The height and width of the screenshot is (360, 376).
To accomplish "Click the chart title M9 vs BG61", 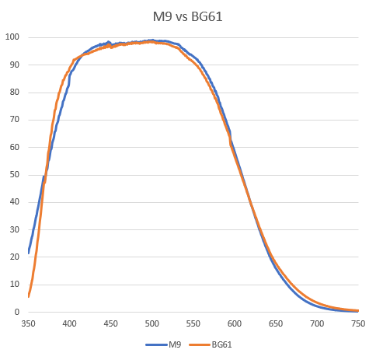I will coord(187,15).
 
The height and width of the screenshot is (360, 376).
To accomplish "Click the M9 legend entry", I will coord(175,343).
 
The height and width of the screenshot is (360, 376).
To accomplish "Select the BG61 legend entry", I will coord(221,343).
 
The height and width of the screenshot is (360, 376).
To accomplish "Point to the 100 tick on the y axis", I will coord(12,37).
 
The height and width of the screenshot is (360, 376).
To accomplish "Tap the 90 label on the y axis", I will coord(13,65).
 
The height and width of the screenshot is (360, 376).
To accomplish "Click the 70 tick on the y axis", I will coord(13,120).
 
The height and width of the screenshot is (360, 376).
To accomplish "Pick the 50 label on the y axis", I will coord(13,175).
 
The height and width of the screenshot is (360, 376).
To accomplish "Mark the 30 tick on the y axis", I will coord(13,229).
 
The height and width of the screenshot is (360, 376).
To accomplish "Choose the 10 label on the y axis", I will coord(13,285).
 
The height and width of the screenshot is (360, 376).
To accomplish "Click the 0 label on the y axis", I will coord(16,312).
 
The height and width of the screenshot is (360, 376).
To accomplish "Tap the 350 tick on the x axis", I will coord(28,323).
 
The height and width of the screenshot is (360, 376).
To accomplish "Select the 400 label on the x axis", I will coord(69,323).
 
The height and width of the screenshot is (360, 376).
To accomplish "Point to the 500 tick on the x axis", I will coord(152,323).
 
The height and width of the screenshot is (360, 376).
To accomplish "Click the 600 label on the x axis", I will coord(235,323).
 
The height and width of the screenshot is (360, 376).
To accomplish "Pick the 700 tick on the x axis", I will coord(317,323).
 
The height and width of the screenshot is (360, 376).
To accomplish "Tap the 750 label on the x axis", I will coord(358,323).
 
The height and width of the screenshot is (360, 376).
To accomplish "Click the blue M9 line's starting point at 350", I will coord(29,253).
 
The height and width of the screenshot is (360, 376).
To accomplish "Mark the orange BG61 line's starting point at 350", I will coord(29,296).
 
